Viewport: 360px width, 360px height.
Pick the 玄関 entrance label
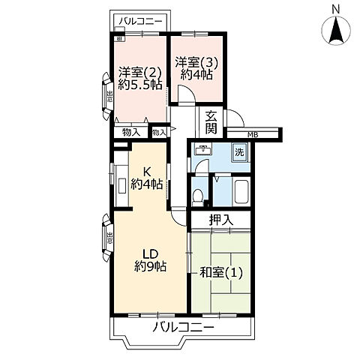212,122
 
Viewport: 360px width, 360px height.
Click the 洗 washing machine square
239,151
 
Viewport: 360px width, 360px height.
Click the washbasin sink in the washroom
202,150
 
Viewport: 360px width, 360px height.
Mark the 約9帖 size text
149,267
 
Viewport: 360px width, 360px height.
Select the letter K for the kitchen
146,170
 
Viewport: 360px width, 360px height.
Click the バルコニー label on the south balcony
184,328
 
